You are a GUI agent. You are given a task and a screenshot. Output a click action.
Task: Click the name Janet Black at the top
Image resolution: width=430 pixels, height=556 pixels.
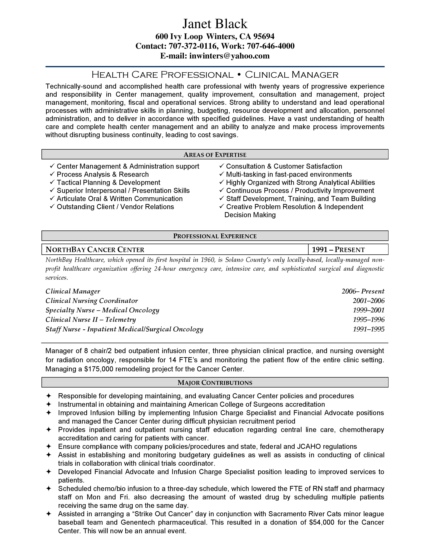coord(215,24)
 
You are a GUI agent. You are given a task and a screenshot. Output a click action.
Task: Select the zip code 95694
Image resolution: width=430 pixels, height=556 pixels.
coord(264,37)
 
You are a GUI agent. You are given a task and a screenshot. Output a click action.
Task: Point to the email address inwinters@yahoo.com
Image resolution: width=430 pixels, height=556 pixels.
coord(229,56)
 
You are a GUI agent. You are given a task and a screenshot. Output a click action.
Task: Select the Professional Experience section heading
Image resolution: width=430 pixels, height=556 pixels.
coord(215,236)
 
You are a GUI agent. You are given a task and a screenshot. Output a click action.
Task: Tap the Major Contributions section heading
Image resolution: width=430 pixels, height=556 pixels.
coord(215,383)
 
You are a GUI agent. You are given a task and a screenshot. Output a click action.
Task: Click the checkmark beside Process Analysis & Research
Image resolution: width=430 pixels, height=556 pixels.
coord(52,174)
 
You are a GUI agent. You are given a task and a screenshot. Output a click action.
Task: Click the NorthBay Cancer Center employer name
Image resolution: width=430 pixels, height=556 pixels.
coord(95,250)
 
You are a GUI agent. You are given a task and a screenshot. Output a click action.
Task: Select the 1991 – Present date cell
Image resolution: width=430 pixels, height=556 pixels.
coord(338,250)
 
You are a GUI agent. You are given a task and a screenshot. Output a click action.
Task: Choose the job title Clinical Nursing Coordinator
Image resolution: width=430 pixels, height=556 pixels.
coord(92,301)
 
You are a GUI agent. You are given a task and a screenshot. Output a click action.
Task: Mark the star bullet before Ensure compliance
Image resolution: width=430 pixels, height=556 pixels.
coord(48,446)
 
